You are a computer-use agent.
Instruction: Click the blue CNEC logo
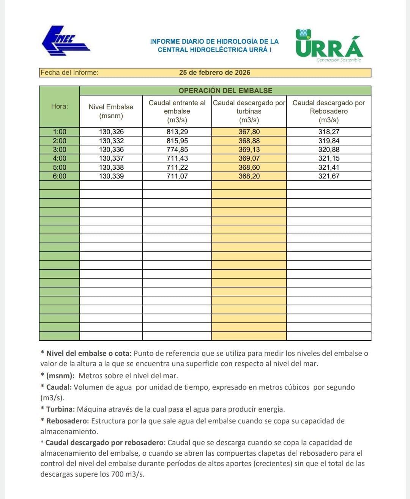[x=65, y=41]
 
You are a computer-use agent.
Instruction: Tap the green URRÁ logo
[x=329, y=44]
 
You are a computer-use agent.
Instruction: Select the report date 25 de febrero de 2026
[x=214, y=73]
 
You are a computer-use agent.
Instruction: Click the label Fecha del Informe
[x=69, y=73]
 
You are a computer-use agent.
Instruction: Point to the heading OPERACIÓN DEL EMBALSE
[x=225, y=90]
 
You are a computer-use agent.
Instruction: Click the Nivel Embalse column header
[x=111, y=111]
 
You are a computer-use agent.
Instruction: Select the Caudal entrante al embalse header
[x=177, y=111]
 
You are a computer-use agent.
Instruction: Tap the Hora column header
[x=60, y=106]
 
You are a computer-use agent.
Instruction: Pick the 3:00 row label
[x=60, y=150]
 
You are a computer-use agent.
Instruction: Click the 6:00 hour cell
[x=60, y=176]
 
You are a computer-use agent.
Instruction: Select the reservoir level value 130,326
[x=111, y=132]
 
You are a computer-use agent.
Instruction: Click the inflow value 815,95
[x=177, y=141]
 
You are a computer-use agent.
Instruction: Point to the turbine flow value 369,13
[x=249, y=150]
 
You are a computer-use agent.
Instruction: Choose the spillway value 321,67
[x=329, y=176]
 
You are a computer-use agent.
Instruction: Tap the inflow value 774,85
[x=177, y=150]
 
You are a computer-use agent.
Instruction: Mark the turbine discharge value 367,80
[x=249, y=132]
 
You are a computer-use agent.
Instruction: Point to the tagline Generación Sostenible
[x=339, y=60]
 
